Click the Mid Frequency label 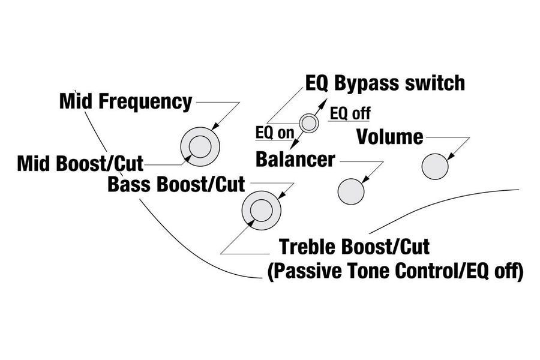(126, 101)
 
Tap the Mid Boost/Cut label (80, 164)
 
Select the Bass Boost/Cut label (176, 184)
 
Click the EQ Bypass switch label (385, 83)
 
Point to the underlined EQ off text (350, 113)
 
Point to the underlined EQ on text (275, 133)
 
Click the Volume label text (390, 137)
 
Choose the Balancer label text (295, 160)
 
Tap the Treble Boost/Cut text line (355, 247)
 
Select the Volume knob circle (435, 166)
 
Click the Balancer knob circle (351, 191)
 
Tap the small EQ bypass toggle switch (308, 123)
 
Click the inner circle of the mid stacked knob (200, 147)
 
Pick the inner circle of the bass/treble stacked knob (262, 210)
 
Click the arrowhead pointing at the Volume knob (451, 156)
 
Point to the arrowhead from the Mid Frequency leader (215, 127)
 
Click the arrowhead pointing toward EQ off (324, 101)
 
